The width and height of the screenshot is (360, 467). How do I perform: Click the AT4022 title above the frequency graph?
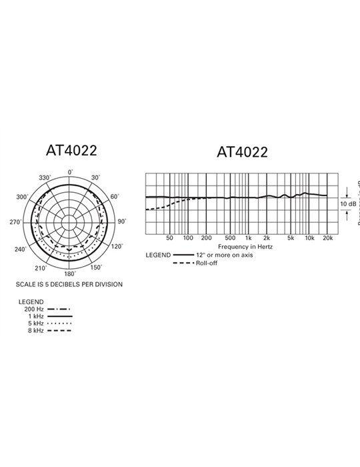[242, 152]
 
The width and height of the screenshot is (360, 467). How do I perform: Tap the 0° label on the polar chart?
[70, 172]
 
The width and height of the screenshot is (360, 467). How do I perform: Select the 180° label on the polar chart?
[70, 274]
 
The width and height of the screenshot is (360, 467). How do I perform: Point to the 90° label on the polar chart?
[122, 221]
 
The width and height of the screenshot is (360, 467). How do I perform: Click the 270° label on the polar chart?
[17, 221]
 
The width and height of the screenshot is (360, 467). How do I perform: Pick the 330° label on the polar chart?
[45, 178]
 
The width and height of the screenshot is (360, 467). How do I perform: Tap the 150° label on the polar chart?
[96, 268]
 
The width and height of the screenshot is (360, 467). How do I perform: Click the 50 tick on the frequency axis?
[169, 238]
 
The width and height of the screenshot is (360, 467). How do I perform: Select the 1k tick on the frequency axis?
[248, 238]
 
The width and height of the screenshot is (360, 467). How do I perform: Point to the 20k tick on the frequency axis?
[327, 238]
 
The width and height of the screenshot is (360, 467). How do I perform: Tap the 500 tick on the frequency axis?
[230, 238]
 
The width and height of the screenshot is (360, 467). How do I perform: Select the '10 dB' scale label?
[347, 203]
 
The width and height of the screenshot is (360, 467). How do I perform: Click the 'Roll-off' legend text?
[207, 263]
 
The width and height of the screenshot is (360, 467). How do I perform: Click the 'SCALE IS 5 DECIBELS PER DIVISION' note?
[69, 284]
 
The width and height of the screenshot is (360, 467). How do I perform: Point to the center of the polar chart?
[70, 222]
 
